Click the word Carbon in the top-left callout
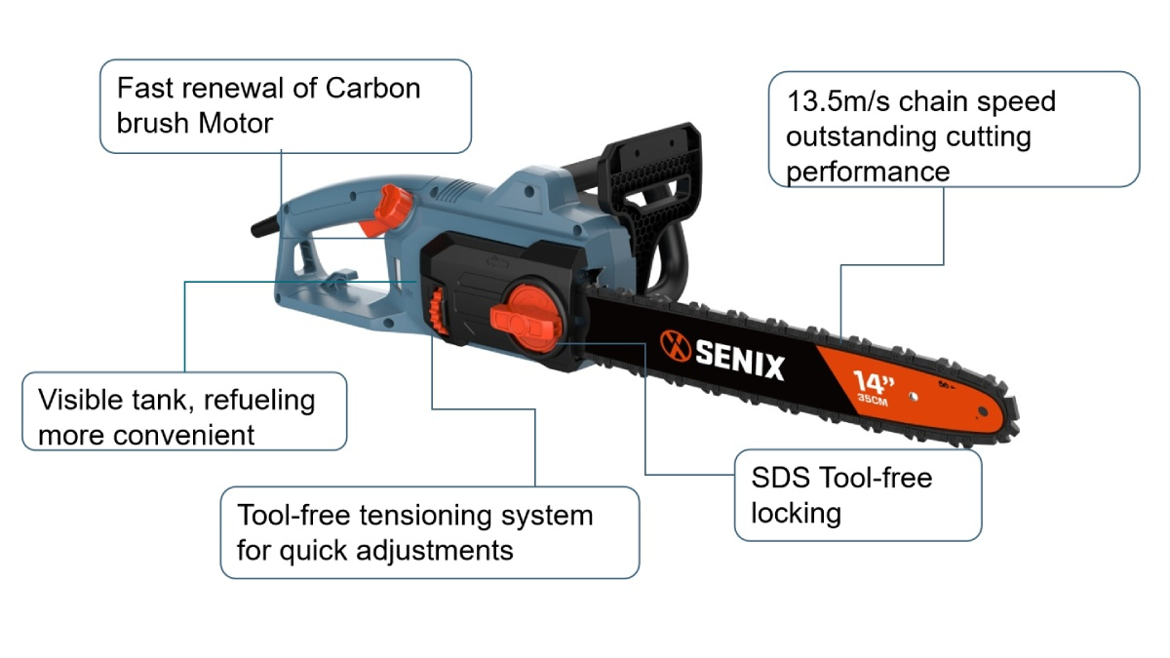tap(372, 88)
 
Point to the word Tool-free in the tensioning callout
tap(295, 514)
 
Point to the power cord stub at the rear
tap(262, 228)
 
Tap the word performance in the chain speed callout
tap(868, 173)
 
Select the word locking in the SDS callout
tap(796, 512)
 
